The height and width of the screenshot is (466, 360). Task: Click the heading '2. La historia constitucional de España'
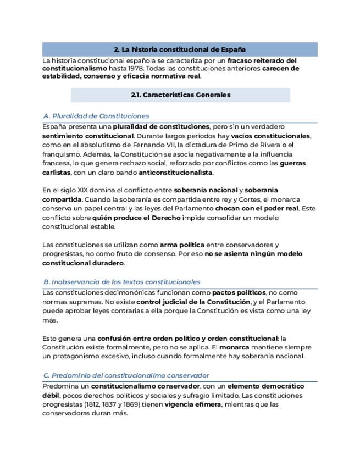coord(180,49)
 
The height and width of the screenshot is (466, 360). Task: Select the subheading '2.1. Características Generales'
coord(180,95)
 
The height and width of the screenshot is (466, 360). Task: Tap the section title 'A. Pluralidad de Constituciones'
coord(96,116)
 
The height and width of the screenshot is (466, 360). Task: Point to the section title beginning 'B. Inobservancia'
coord(121,282)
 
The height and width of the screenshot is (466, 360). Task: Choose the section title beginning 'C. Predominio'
coord(126,375)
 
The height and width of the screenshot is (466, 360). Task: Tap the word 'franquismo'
coord(59,154)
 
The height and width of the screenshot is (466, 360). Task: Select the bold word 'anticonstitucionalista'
coord(175,173)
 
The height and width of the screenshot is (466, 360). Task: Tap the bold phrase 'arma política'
coord(182,245)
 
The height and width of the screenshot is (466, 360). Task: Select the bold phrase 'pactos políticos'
coord(239,293)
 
